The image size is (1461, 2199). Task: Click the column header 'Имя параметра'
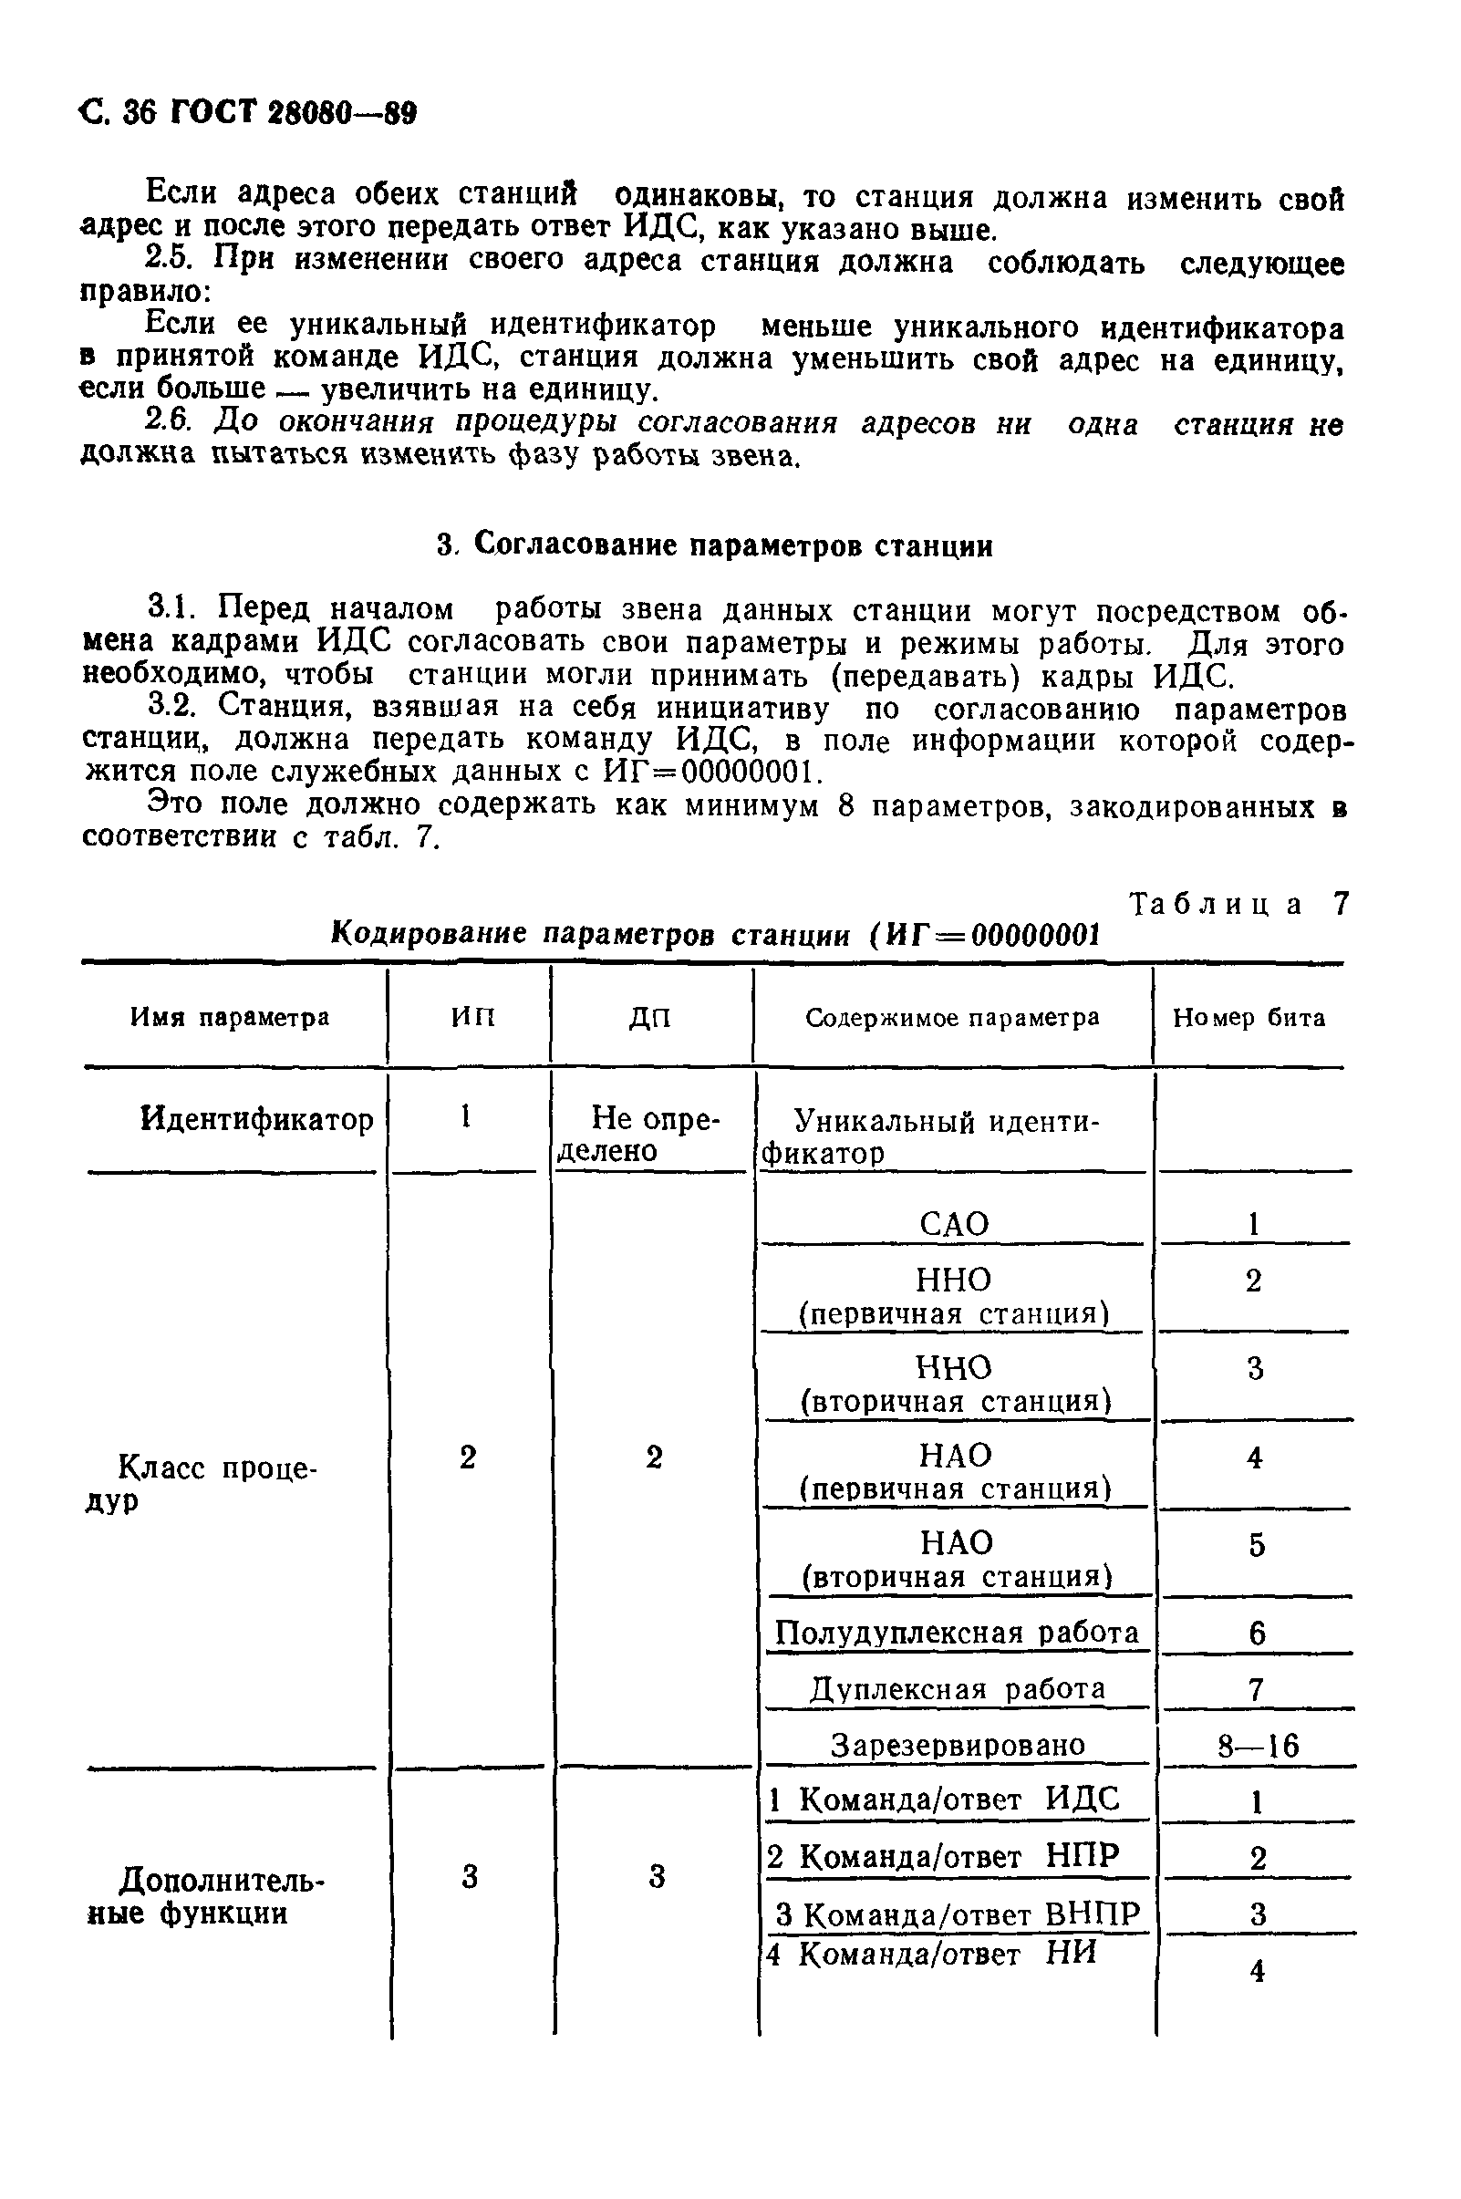pos(229,1017)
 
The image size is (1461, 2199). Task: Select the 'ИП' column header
pos(473,1017)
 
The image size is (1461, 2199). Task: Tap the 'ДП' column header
pos(650,1019)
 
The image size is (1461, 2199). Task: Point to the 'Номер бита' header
pos(1249,1018)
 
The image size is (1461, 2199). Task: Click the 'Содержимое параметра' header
pos(952,1018)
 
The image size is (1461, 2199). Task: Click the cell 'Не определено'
pos(651,1134)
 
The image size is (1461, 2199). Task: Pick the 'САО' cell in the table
pos(954,1224)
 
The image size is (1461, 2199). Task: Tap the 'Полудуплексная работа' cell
pos(957,1634)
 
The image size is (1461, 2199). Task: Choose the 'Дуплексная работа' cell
pos(957,1688)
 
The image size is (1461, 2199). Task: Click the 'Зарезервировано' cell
pos(958,1743)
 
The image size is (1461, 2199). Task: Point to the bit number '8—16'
pos(1258,1745)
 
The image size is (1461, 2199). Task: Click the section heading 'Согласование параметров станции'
pos(715,545)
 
